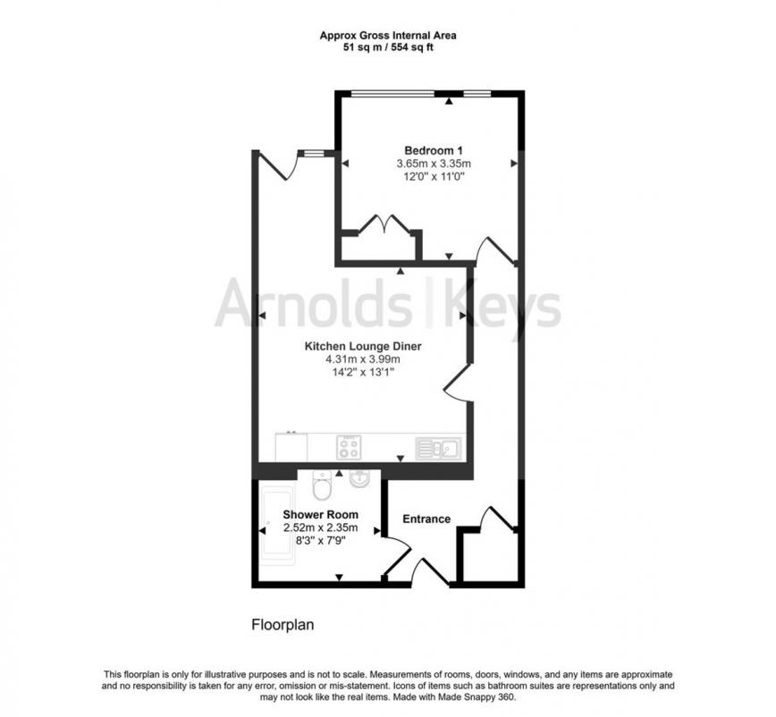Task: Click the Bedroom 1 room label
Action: pyautogui.click(x=433, y=149)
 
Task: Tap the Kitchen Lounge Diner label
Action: pyautogui.click(x=362, y=346)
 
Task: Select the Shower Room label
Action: pyautogui.click(x=320, y=514)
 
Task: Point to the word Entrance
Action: pyautogui.click(x=426, y=519)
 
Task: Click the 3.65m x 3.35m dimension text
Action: pyautogui.click(x=433, y=164)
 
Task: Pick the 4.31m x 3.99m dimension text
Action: pyautogui.click(x=362, y=360)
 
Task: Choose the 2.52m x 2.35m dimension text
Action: pyautogui.click(x=320, y=527)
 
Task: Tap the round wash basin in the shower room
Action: pyautogui.click(x=358, y=478)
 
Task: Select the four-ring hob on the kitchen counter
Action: pyautogui.click(x=348, y=446)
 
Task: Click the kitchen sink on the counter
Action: pyautogui.click(x=438, y=446)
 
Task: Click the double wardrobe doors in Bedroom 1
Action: pyautogui.click(x=384, y=225)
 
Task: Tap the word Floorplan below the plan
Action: pyautogui.click(x=282, y=625)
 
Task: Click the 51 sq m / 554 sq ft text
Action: pyautogui.click(x=388, y=47)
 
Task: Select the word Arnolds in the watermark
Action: pyautogui.click(x=313, y=304)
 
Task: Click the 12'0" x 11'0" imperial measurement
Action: pyautogui.click(x=433, y=177)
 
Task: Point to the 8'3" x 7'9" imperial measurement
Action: pyautogui.click(x=320, y=541)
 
